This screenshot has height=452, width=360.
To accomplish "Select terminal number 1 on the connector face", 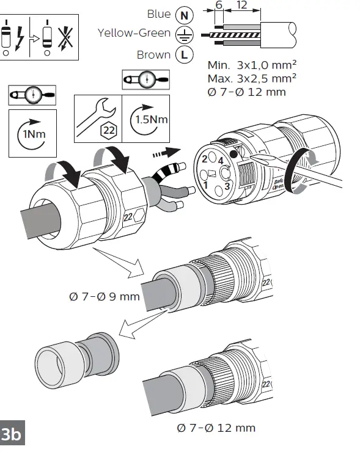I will pos(207,184).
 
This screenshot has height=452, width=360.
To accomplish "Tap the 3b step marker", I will pos(11,435).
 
